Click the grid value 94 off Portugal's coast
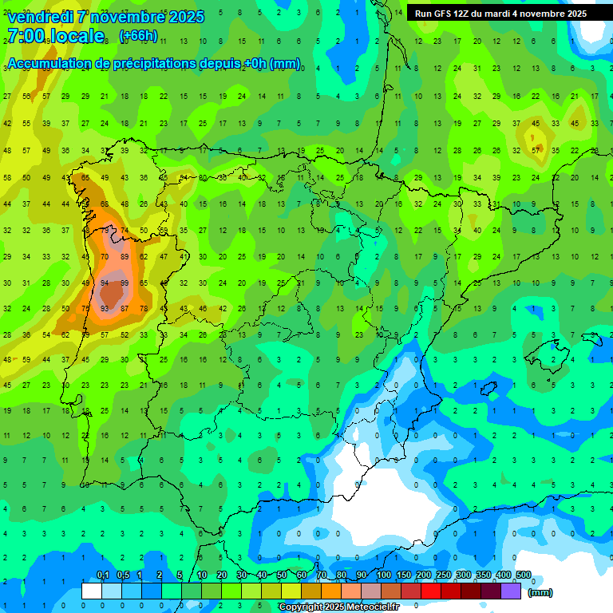[x=105, y=283]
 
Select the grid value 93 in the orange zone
[x=105, y=308]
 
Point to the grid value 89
[x=125, y=257]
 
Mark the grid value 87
[x=125, y=308]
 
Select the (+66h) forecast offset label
[x=138, y=36]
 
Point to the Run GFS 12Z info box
[x=500, y=14]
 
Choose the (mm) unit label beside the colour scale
[x=540, y=592]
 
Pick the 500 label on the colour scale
[x=523, y=575]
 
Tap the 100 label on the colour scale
[x=383, y=575]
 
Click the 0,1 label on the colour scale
[x=103, y=575]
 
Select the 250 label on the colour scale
[x=443, y=575]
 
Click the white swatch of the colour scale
[x=92, y=591]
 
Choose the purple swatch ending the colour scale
[x=512, y=591]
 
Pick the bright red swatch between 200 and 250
[x=432, y=591]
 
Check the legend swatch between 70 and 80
[x=332, y=591]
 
